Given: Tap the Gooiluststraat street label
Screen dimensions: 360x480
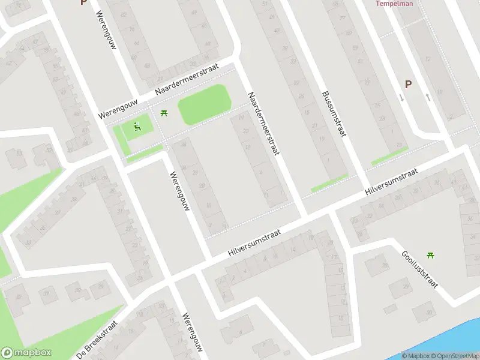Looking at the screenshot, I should pos(419,268).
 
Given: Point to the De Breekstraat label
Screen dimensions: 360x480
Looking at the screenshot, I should pos(98,338).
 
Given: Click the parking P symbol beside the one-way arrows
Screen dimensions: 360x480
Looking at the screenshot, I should pos(409,85).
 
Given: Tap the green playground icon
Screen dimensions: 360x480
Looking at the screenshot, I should pos(137,126).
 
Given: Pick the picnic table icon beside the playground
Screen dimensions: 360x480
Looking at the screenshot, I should pos(164,113).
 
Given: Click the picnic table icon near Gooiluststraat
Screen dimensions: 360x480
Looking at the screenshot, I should pos(430,255).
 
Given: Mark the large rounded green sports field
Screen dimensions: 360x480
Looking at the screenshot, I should pos(204,104).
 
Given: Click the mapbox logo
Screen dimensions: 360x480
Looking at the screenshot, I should pos(26,353).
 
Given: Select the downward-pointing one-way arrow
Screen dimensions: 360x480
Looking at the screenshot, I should pos(401,97).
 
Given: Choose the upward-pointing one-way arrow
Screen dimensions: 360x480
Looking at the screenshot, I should pos(427,97).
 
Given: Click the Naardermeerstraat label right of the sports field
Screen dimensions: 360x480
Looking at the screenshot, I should pos(265,125).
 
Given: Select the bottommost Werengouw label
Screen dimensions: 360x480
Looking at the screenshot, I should pos(193,335).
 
